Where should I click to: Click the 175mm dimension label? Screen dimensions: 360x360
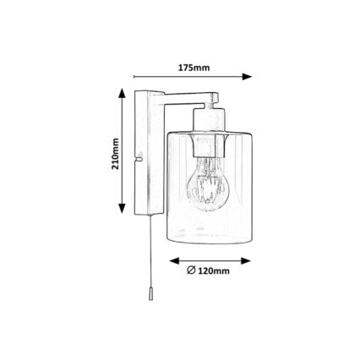click(194, 68)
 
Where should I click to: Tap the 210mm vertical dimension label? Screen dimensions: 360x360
click(115, 154)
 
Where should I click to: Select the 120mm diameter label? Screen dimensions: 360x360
click(209, 270)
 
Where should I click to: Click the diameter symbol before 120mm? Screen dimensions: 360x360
click(191, 270)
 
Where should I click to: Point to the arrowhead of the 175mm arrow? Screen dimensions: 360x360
click(247, 76)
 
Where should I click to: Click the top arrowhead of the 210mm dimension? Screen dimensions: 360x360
click(122, 93)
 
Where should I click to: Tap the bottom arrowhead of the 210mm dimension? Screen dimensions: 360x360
click(122, 208)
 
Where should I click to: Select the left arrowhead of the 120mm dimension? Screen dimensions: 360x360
click(174, 261)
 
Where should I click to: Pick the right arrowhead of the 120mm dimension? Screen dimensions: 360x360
click(246, 261)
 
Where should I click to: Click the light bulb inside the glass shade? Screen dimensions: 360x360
click(208, 183)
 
